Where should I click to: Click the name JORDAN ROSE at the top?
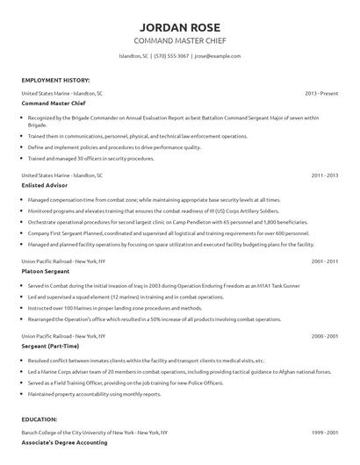(x=179, y=25)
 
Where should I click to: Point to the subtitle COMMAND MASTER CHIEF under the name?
(x=179, y=40)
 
